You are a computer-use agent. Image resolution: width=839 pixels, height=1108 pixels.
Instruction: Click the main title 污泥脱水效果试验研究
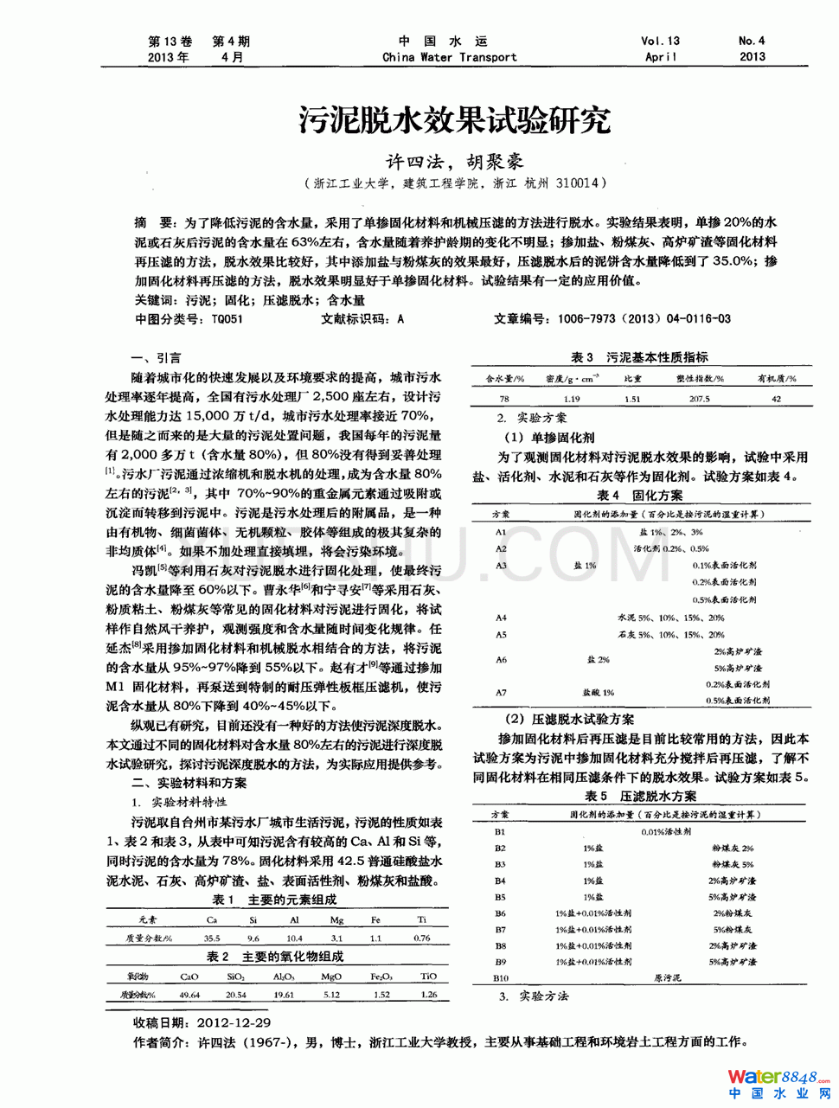point(455,119)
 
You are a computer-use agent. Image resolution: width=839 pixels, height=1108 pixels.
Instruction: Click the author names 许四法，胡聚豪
point(455,161)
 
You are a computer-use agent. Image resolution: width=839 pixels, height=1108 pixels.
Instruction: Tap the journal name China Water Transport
point(450,57)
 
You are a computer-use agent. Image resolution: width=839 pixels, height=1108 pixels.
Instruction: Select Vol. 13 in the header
point(660,41)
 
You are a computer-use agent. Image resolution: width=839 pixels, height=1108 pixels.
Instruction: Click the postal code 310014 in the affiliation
point(578,183)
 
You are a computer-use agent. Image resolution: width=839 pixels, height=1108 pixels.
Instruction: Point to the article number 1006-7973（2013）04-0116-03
point(644,319)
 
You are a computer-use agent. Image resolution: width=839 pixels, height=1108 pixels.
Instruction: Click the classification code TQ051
point(227,319)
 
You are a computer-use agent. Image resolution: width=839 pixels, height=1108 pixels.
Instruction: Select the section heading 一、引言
point(156,358)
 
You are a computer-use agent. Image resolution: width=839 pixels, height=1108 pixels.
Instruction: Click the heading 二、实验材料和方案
point(189,783)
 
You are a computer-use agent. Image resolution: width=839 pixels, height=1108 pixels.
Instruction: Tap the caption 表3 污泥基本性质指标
point(639,357)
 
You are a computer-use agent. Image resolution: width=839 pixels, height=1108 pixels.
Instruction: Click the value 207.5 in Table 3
point(699,399)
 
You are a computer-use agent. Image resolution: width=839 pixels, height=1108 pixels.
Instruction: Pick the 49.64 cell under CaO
point(189,995)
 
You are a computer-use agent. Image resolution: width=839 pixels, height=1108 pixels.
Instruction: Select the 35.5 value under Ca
point(212,938)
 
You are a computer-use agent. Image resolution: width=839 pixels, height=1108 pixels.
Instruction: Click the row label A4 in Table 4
point(501,618)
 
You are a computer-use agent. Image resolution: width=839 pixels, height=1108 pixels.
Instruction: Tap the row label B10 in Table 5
point(501,978)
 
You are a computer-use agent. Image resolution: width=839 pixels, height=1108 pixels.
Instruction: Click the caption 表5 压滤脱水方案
point(639,796)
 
